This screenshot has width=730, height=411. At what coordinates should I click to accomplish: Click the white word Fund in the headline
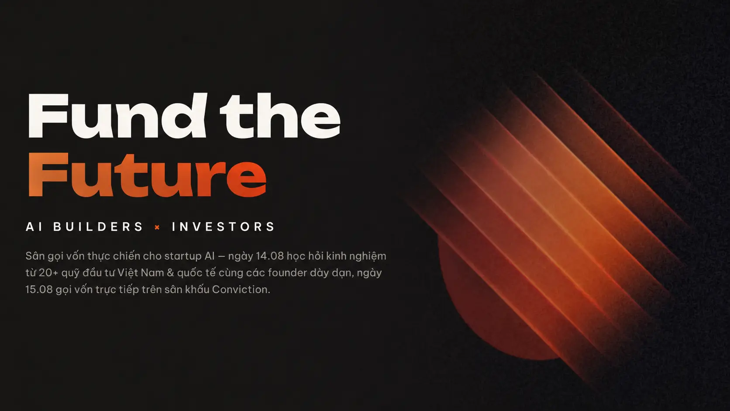click(x=117, y=115)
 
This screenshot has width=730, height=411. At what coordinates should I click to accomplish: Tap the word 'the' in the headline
click(x=280, y=115)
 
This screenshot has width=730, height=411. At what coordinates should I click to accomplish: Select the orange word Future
click(x=147, y=175)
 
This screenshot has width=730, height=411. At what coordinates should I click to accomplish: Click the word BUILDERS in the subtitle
click(x=98, y=227)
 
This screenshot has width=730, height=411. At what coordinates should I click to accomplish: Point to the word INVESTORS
click(x=223, y=227)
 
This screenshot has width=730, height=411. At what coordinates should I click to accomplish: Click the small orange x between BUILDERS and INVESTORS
click(x=157, y=228)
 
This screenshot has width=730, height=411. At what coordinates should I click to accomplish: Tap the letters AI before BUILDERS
click(x=34, y=227)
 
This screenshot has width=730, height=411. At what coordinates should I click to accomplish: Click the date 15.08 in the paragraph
click(x=39, y=290)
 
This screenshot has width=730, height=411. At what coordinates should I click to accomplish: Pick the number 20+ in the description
click(x=48, y=273)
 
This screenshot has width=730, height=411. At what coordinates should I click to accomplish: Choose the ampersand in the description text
click(x=170, y=273)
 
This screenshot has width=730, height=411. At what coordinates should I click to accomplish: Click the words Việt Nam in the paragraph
click(x=141, y=273)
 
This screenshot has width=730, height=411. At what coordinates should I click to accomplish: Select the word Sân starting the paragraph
click(x=35, y=256)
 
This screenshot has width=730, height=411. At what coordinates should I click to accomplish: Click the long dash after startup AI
click(x=221, y=257)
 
